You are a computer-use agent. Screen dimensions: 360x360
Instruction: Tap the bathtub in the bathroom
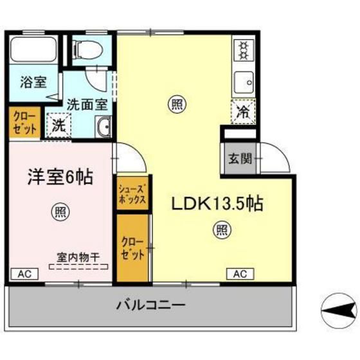tap(33, 49)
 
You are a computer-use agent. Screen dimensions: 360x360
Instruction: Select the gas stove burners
tap(244, 50)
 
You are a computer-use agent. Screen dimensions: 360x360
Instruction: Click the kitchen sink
tap(244, 82)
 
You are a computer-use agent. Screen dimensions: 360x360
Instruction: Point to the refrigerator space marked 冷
tap(244, 112)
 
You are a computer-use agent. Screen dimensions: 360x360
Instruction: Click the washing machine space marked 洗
tap(59, 125)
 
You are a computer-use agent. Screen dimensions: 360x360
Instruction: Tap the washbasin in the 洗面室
tap(104, 127)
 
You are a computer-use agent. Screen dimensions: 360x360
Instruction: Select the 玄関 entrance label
tap(240, 158)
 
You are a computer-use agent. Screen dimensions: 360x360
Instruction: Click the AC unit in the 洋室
tap(24, 274)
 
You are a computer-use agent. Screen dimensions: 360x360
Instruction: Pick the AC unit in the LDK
tap(240, 274)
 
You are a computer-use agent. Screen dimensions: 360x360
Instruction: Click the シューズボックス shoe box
tap(132, 193)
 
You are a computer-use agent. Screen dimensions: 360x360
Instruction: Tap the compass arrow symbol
tap(339, 311)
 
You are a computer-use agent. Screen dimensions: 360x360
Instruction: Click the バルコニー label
tap(150, 305)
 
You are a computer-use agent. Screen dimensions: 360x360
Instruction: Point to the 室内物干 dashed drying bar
tap(78, 267)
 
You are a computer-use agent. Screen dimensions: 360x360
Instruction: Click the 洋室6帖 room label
tap(60, 177)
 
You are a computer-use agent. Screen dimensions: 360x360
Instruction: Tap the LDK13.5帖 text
tap(217, 203)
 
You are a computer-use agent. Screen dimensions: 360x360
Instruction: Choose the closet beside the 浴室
tap(25, 122)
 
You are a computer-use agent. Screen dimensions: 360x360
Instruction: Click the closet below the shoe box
tap(132, 248)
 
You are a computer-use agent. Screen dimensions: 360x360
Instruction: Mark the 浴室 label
tap(33, 82)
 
